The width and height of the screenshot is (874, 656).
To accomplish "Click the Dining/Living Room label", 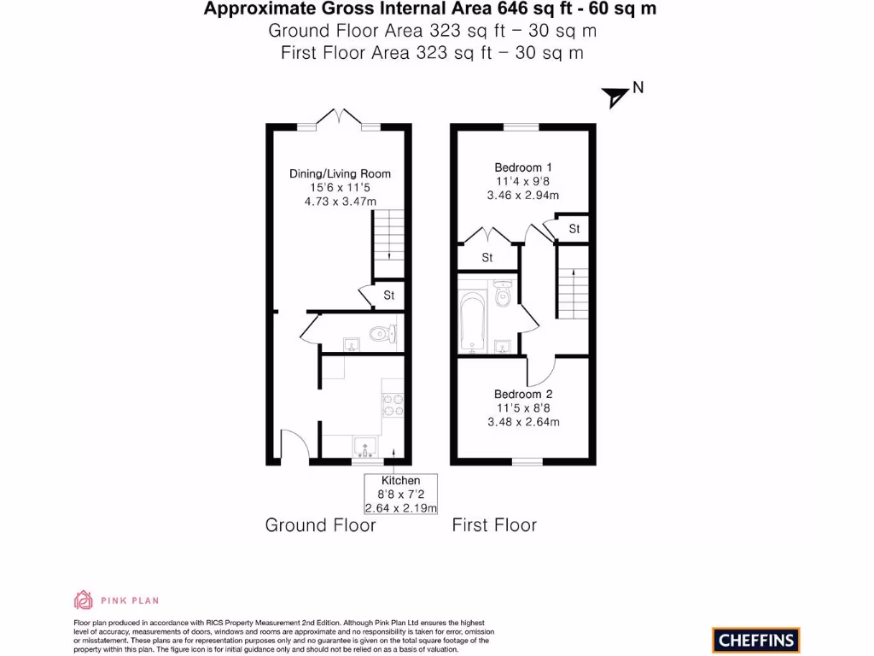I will click(x=340, y=173).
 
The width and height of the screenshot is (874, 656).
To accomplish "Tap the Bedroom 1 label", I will click(x=523, y=167).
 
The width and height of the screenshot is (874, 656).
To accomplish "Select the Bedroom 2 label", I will click(x=523, y=395).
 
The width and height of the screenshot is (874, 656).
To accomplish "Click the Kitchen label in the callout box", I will click(x=400, y=481).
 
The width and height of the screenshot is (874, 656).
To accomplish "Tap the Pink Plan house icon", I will click(x=84, y=600).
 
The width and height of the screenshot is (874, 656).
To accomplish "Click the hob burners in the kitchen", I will click(x=393, y=404).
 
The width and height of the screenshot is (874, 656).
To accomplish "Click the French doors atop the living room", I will click(x=340, y=119).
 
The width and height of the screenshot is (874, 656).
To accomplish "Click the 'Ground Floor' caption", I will click(x=320, y=524).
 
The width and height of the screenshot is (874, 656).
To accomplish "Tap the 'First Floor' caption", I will click(x=494, y=524).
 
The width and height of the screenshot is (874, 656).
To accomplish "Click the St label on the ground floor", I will click(x=389, y=296).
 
